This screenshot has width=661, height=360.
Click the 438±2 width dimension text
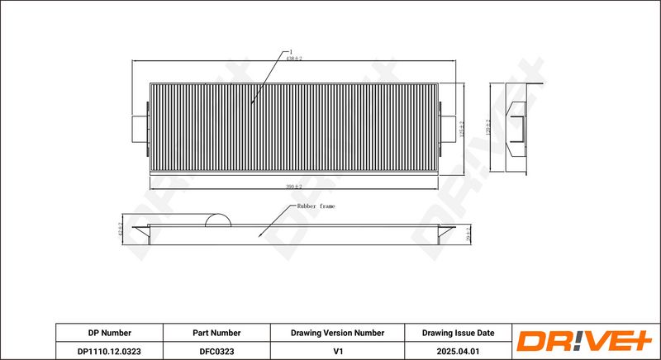coord(294,59)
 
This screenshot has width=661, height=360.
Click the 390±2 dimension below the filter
coord(293,187)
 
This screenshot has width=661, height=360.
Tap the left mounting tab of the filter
coord(140,129)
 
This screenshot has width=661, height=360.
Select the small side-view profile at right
coord(517,129)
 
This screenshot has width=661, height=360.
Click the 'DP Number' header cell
coord(110,333)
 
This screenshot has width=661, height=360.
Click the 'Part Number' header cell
coord(216,333)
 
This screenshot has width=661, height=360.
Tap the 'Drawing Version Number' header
coord(337,333)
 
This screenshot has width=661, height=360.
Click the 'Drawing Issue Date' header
coord(458,333)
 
